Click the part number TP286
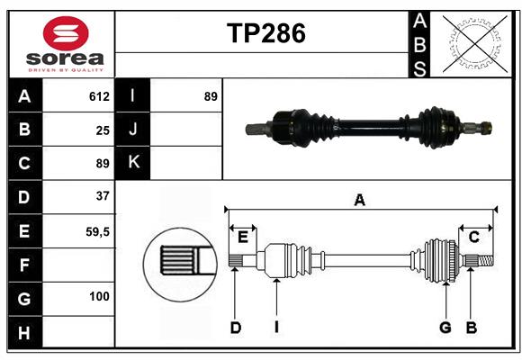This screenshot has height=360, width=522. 265,33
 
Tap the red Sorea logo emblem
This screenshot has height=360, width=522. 65,34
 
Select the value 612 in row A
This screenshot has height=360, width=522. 99,96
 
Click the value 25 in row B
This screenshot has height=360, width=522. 103,130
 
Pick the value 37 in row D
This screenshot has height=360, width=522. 103,195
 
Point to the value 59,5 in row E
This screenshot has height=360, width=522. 97,231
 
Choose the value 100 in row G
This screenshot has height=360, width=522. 99,296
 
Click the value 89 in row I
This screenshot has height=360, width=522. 211,96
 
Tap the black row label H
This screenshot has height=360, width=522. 24,333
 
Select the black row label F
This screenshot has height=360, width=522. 24,265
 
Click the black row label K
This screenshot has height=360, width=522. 133,163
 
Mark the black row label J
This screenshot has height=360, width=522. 133,130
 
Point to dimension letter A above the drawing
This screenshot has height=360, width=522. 360,201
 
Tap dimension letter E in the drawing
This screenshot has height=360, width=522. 242,237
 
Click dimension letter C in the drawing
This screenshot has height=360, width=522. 473,237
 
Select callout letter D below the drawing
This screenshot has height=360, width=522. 235,328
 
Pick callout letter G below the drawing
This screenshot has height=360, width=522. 445,328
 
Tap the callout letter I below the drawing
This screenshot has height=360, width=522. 276,328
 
